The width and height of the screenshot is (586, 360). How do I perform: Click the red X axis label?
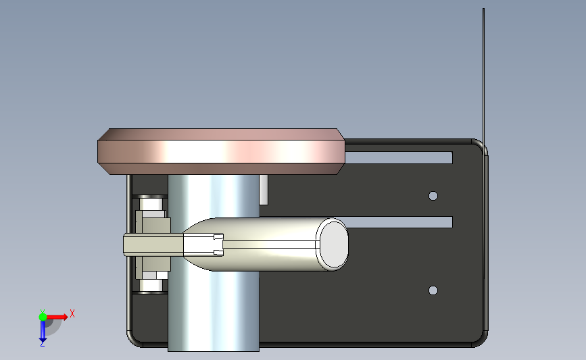[x=72, y=313]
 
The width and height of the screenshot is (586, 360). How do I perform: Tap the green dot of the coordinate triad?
[x=43, y=317]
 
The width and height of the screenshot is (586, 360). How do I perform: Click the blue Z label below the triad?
[x=42, y=344]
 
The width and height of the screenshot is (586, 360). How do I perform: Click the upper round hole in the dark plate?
[x=433, y=196]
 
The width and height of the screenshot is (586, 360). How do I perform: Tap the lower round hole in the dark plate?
[x=433, y=290]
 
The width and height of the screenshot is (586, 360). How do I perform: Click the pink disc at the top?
[x=221, y=151]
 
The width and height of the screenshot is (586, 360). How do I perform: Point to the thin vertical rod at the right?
[x=483, y=143]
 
